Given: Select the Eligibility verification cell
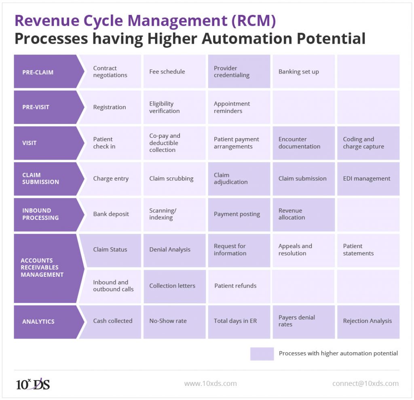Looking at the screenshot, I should (174, 107).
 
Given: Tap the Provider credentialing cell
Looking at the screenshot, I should (239, 72).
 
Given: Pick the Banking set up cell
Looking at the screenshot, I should (303, 72).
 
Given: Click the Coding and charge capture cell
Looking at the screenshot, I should (368, 143).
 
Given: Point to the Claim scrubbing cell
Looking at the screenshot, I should (174, 179).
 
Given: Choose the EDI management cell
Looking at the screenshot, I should (368, 179).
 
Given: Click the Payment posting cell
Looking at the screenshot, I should (239, 214).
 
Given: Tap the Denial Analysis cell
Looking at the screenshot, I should (174, 250).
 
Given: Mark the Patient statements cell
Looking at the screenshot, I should (368, 250).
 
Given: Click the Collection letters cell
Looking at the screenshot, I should (174, 286).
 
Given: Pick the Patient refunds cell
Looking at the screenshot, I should (239, 286).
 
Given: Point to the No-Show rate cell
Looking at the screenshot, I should (174, 321).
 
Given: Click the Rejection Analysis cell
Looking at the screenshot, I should (368, 321).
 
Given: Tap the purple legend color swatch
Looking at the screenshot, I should (262, 354).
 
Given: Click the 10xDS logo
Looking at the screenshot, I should (33, 383).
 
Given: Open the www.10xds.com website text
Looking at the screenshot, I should (210, 383).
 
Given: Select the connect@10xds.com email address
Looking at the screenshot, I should (365, 383).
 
